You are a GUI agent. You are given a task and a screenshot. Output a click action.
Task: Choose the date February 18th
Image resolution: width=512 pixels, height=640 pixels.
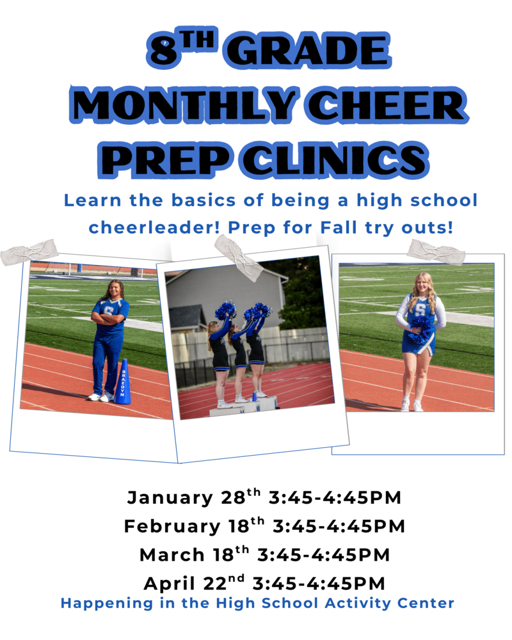195,526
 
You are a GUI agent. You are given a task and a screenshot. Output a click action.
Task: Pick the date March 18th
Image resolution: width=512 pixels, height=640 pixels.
195,554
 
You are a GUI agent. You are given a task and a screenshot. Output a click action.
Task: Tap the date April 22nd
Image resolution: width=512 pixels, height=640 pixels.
195,583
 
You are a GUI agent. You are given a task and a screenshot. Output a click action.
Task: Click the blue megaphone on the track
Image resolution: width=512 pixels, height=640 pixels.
123,382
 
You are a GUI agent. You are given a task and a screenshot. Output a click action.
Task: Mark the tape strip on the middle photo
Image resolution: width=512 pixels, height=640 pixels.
238,257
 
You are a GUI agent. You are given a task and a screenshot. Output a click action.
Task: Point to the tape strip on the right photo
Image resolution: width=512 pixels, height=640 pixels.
436,252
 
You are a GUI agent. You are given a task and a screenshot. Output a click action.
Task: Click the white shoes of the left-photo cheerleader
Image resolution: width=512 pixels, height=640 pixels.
100,397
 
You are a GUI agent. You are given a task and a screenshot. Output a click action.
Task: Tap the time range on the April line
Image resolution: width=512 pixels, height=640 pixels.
319,583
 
